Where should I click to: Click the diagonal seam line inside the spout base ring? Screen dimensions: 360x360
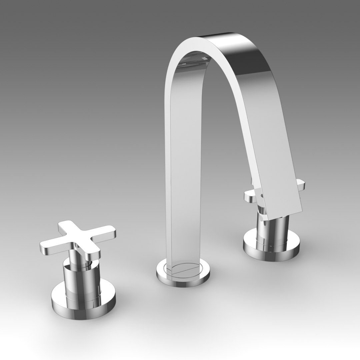[x=185, y=270]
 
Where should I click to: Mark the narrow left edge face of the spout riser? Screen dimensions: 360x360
[x=168, y=167]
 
